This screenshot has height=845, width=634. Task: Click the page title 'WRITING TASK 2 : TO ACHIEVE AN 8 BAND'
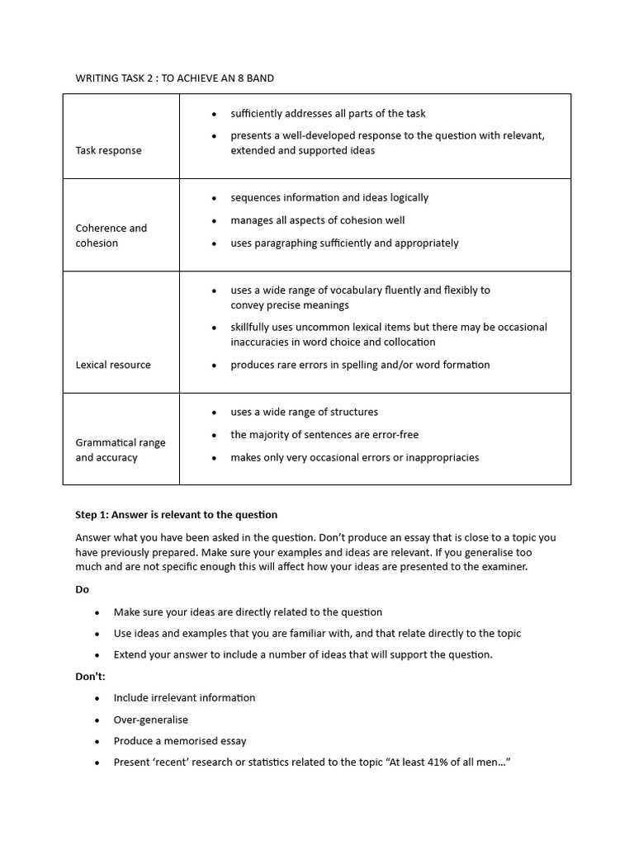point(174,78)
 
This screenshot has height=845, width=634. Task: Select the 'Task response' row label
point(108,150)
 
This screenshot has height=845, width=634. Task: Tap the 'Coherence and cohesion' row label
point(111,235)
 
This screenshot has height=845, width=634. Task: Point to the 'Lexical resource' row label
point(113,365)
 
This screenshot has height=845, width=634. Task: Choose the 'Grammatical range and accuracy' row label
point(120,450)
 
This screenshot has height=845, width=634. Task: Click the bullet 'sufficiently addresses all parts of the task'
point(328,113)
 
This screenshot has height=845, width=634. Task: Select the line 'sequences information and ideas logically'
point(329,197)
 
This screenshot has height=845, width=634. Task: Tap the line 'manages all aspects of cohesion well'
point(317,220)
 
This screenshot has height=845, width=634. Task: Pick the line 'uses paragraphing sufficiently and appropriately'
point(344,243)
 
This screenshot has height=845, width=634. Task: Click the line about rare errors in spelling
point(360,365)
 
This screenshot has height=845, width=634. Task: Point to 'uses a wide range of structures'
point(304,412)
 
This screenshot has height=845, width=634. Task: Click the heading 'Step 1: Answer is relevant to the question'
point(177,514)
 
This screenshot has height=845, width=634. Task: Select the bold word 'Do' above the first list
point(82,589)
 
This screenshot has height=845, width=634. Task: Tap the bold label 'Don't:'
point(90,676)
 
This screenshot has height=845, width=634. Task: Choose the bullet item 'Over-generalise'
point(151,720)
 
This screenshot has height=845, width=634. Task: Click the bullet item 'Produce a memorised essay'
point(180,741)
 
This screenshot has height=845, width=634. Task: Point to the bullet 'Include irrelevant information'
point(184,698)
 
